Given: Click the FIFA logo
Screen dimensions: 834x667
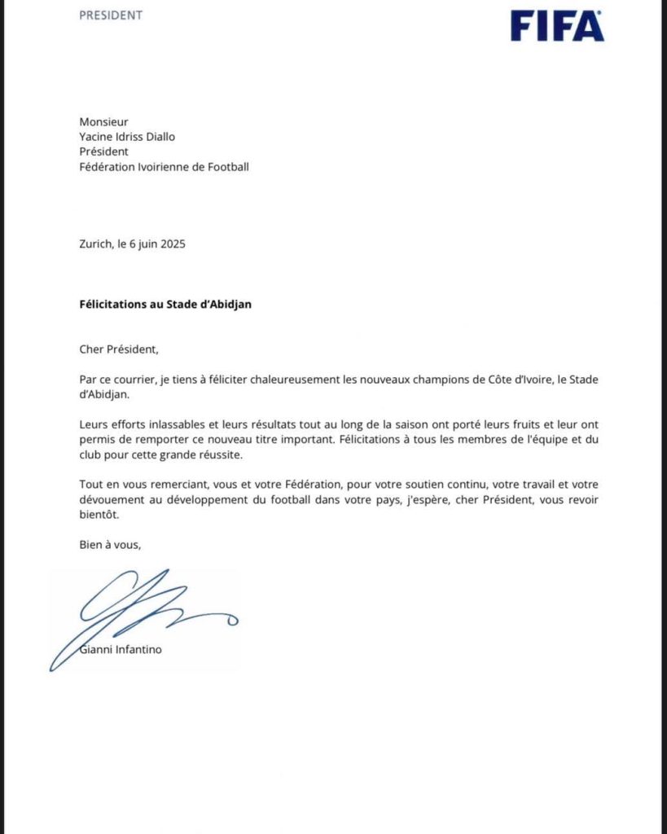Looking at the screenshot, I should [557, 25].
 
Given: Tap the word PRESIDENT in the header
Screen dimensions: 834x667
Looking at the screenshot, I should [111, 15].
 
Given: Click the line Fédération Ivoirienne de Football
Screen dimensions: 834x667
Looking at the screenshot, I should [164, 167].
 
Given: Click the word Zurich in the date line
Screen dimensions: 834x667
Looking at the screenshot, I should [96, 244].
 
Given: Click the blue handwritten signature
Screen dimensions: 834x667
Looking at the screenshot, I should [138, 611].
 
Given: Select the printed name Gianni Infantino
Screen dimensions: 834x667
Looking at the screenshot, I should [115, 650].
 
